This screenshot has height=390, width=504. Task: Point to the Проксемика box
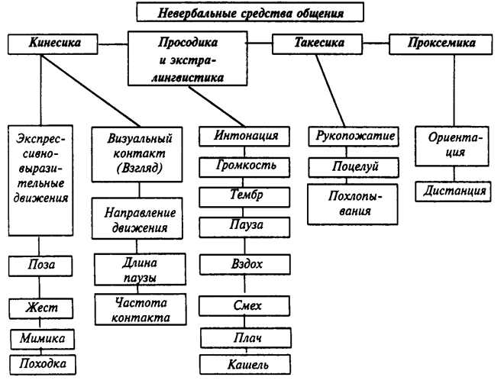(441, 44)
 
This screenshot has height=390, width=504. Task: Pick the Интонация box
(239, 137)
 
